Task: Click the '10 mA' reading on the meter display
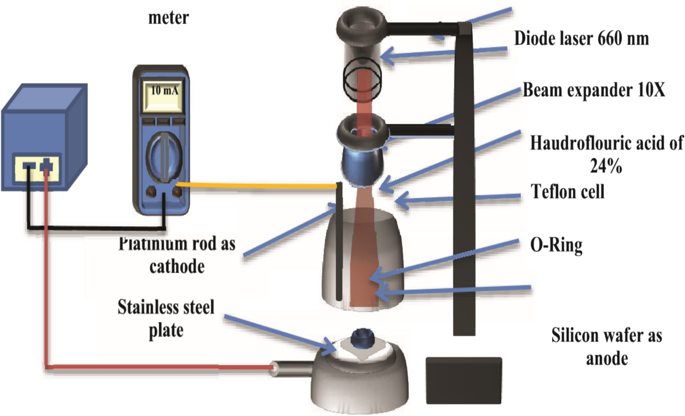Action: pyautogui.click(x=164, y=91)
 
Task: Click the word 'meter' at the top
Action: pyautogui.click(x=168, y=18)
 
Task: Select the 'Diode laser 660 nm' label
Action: pyautogui.click(x=581, y=39)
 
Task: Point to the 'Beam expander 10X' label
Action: pyautogui.click(x=594, y=90)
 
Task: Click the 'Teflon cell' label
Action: pyautogui.click(x=568, y=192)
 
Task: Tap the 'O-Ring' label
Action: pyautogui.click(x=556, y=245)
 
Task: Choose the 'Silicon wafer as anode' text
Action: pyautogui.click(x=607, y=347)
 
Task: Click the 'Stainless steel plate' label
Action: pyautogui.click(x=166, y=318)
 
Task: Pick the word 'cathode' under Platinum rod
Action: pyautogui.click(x=177, y=266)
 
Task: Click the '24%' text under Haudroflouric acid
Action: pyautogui.click(x=606, y=166)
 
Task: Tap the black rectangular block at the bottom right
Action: pyautogui.click(x=464, y=380)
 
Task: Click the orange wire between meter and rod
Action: pyautogui.click(x=256, y=185)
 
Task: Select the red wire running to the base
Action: pyautogui.click(x=160, y=366)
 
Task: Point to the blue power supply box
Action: pyautogui.click(x=43, y=137)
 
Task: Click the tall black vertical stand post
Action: pyautogui.click(x=464, y=182)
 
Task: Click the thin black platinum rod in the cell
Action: pyautogui.click(x=339, y=242)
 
